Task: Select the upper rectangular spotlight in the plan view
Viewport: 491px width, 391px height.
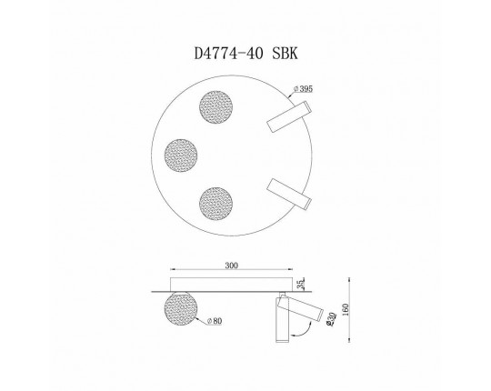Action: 286,116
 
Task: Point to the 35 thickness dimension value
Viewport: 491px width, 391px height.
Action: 302,281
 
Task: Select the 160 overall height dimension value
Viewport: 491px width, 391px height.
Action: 366,309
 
